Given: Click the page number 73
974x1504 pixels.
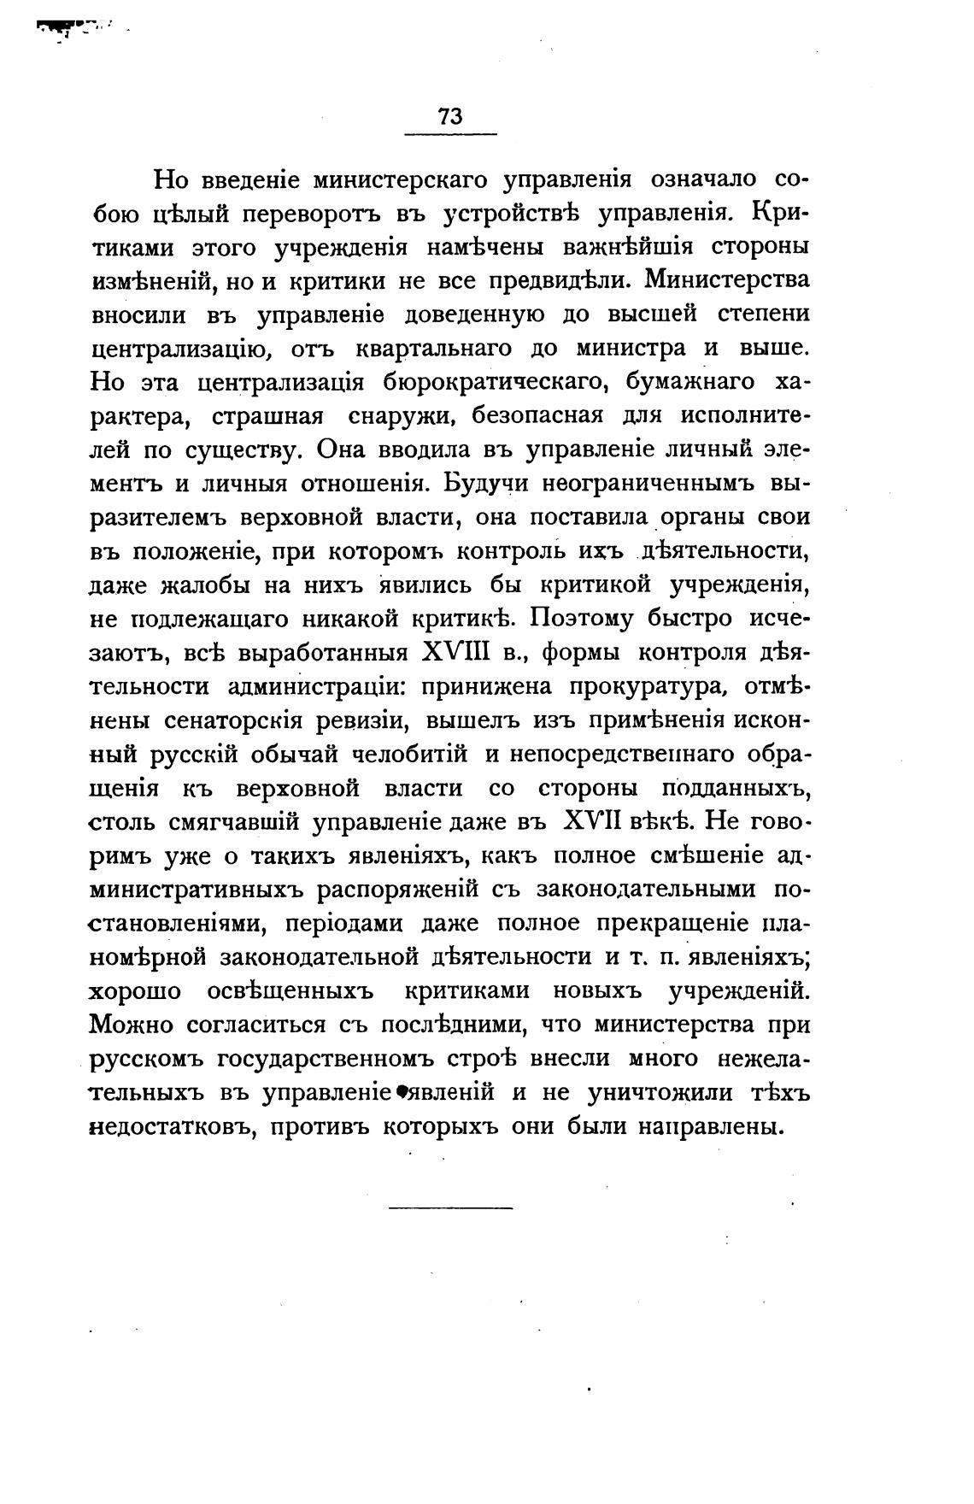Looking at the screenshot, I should point(449,117).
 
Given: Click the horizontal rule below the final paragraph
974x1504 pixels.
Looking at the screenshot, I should point(450,1207).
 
